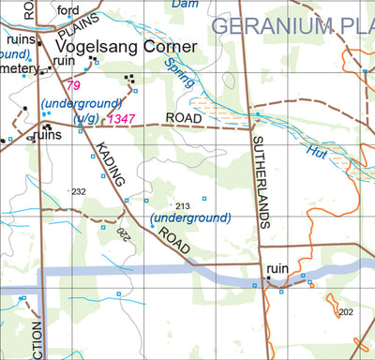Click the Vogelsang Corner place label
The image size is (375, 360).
124,47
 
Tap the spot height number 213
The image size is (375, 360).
182,205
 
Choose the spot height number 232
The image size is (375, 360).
78,191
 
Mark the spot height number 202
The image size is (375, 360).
345,312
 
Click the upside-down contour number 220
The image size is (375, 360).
121,231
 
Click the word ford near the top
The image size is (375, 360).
67,10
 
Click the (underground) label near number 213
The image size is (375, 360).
190,218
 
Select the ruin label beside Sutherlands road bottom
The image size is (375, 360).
277,268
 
